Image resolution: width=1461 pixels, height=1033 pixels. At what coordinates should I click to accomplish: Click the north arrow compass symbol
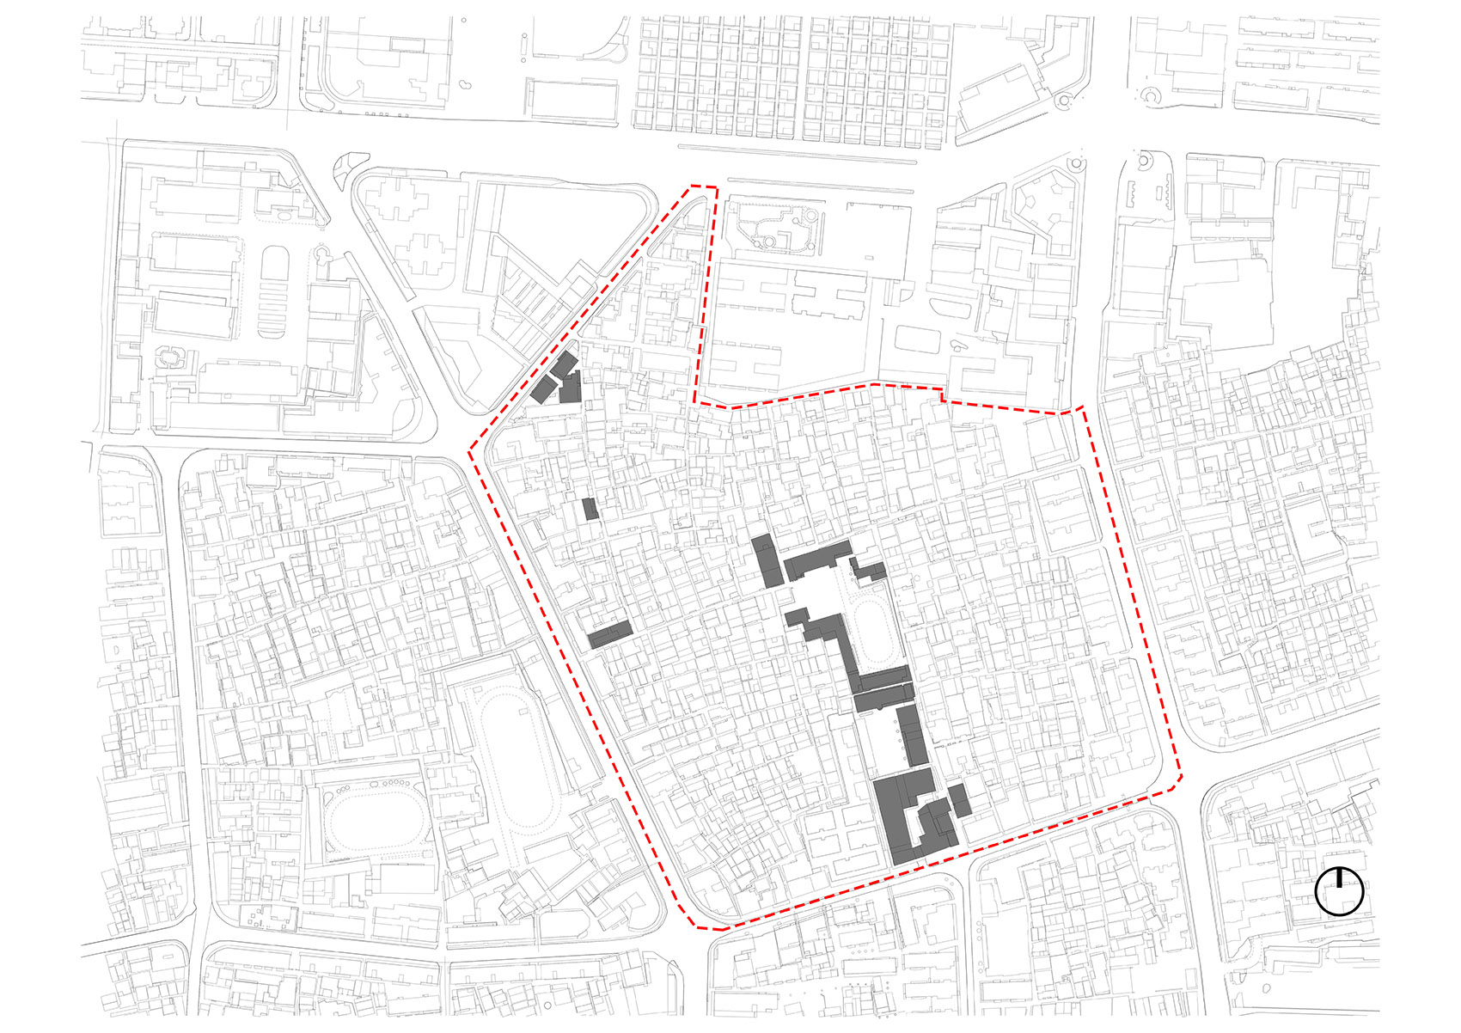(1339, 891)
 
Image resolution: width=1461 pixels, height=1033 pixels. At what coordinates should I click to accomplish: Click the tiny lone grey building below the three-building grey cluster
(590, 509)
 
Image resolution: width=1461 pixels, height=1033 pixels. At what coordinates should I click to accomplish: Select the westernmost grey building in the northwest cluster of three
(542, 389)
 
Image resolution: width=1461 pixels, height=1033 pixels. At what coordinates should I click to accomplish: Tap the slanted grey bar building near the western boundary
(610, 634)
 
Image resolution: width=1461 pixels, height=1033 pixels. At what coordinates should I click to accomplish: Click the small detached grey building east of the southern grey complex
(960, 799)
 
